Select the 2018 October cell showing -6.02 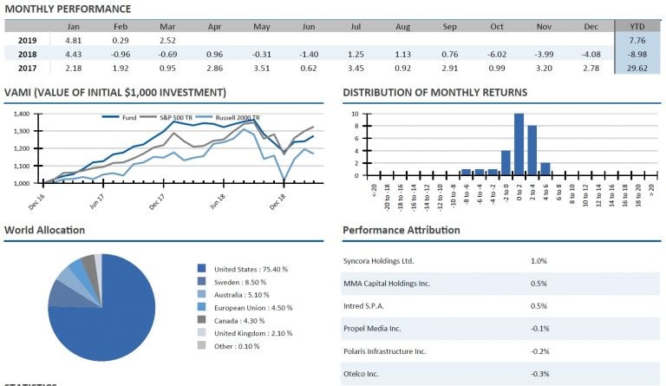pyautogui.click(x=496, y=55)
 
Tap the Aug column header pyautogui.click(x=402, y=26)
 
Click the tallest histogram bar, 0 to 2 pyautogui.click(x=519, y=144)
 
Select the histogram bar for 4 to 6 pyautogui.click(x=545, y=168)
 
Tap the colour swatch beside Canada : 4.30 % pyautogui.click(x=202, y=320)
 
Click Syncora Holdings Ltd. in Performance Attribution pyautogui.click(x=379, y=260)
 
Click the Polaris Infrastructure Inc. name pyautogui.click(x=384, y=351)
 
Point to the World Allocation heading pyautogui.click(x=44, y=230)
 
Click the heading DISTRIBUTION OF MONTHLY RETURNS pyautogui.click(x=434, y=92)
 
